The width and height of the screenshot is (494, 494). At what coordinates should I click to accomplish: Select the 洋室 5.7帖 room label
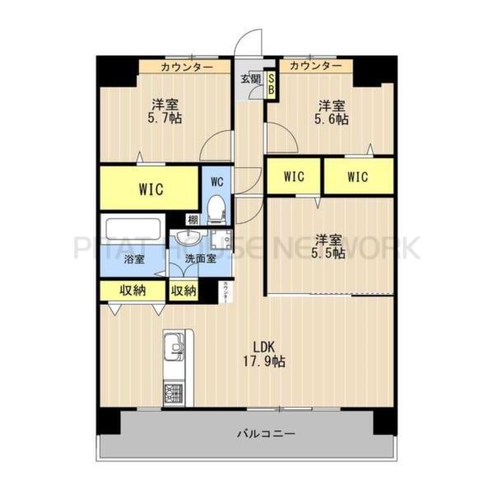point(165,111)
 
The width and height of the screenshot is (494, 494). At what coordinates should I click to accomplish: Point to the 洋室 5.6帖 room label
point(333,112)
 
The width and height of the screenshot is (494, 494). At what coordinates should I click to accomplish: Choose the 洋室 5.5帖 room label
point(329,248)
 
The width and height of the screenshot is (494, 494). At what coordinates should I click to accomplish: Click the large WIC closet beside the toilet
point(149,189)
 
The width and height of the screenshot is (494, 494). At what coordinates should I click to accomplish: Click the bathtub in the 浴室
point(131,227)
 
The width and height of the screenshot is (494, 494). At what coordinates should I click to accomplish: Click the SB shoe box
point(271,85)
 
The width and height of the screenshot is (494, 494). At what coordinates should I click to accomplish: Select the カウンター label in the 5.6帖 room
point(316,66)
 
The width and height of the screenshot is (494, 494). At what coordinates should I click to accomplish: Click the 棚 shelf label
point(193,219)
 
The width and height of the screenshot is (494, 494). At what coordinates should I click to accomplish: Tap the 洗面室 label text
point(200,259)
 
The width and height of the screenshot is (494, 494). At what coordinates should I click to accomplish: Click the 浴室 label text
point(133,259)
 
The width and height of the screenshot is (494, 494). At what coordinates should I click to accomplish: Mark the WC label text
point(217,180)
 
